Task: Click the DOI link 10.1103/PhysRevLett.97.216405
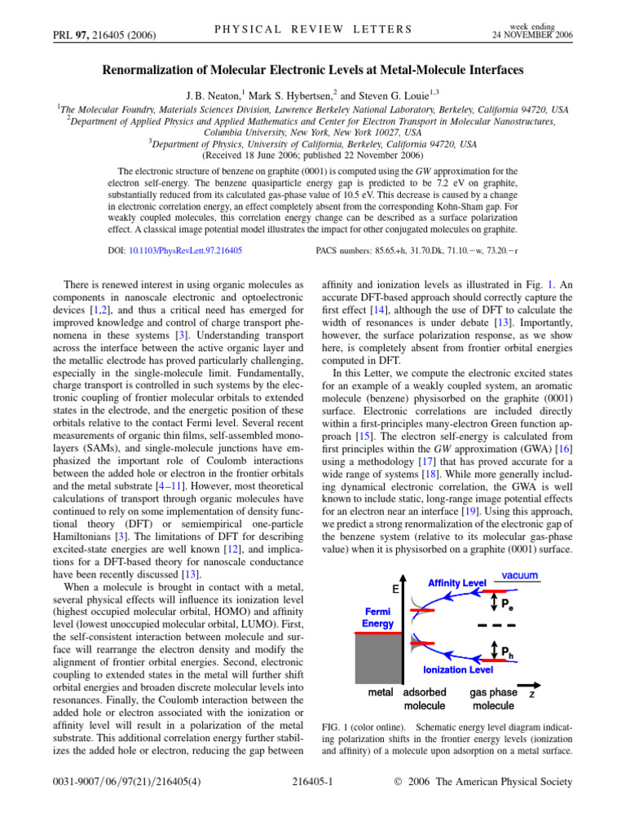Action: (x=186, y=252)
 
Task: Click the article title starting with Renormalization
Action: (x=312, y=71)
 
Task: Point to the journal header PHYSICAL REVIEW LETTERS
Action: (x=312, y=30)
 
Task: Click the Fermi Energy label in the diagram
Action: (x=377, y=617)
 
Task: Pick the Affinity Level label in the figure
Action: (x=456, y=584)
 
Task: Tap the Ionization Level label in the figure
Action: (x=457, y=669)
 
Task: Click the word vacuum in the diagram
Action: (x=519, y=576)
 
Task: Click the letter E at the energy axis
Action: (x=394, y=589)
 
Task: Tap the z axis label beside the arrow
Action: (x=531, y=695)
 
